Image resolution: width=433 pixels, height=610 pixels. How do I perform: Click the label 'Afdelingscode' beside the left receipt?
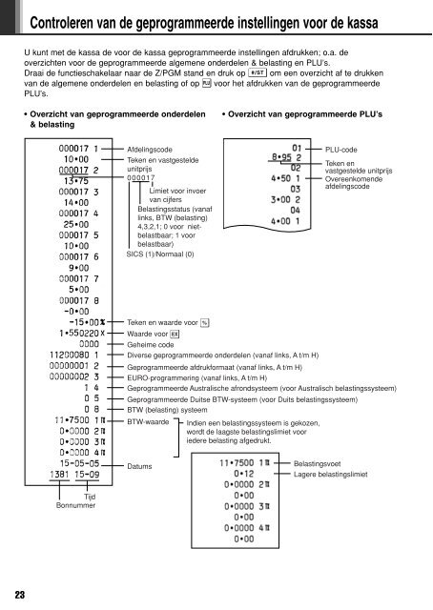coord(151,151)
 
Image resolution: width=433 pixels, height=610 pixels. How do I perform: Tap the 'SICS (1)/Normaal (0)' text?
coord(160,254)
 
